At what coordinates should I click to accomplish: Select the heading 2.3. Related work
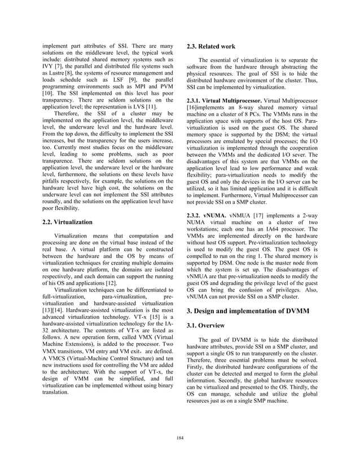(212, 47)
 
